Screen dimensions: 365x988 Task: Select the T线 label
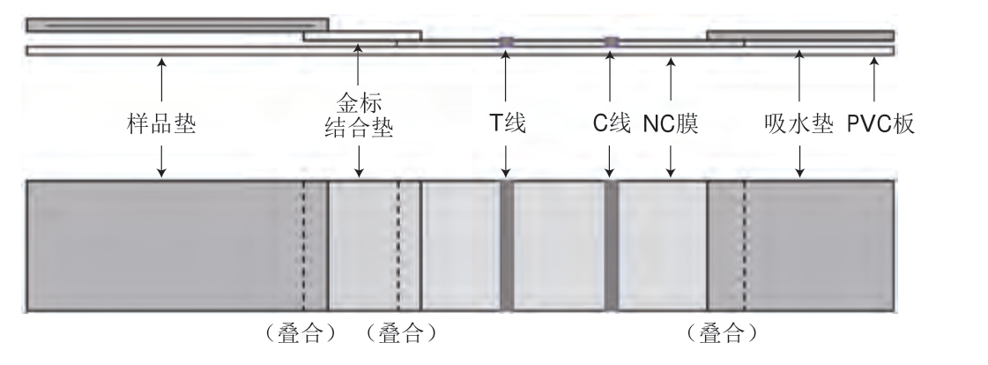[x=507, y=124]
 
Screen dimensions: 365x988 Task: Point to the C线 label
[x=611, y=124]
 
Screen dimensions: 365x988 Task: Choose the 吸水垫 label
[x=799, y=124]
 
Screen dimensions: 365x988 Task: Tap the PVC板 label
[x=880, y=124]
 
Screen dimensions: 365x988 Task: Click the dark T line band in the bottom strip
[x=507, y=244]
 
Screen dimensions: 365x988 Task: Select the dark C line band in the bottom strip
[x=611, y=244]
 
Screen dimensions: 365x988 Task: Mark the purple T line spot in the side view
[x=506, y=41]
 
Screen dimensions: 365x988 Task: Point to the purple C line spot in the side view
[x=611, y=41]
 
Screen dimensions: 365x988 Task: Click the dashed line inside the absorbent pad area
[x=744, y=244]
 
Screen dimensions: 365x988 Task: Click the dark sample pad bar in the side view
[x=176, y=25]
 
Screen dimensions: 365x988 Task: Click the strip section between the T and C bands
[x=559, y=244]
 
